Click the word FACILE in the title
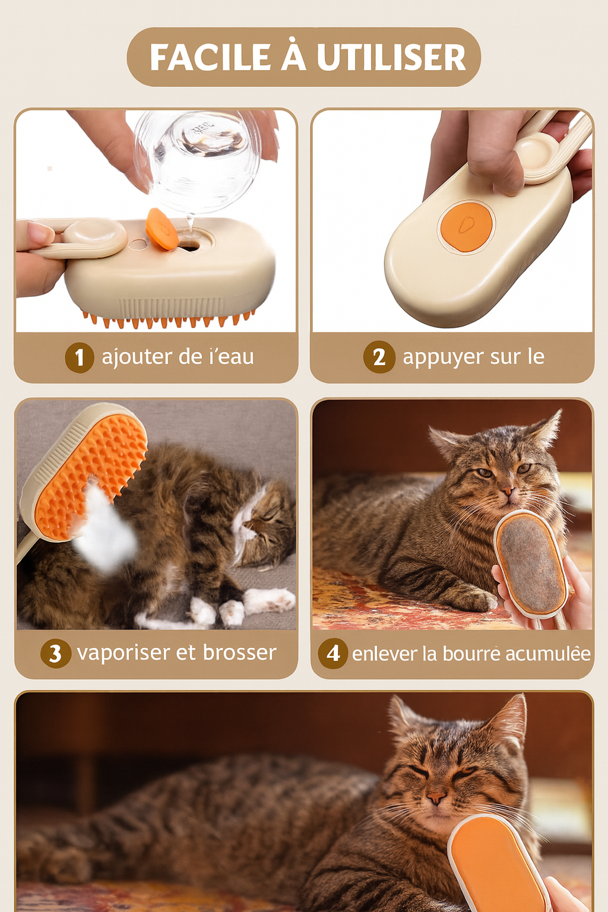pos(211,58)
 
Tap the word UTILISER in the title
pos(391,58)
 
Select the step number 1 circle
pos(79,357)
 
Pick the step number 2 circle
pos(379,357)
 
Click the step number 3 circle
pos(55,653)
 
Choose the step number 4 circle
pos(333,653)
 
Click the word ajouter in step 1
pos(137,357)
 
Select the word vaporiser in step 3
pos(124,653)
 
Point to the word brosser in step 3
pos(239,653)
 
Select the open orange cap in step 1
pos(161,229)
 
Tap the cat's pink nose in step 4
pos(506,492)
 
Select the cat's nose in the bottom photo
pos(436,798)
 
